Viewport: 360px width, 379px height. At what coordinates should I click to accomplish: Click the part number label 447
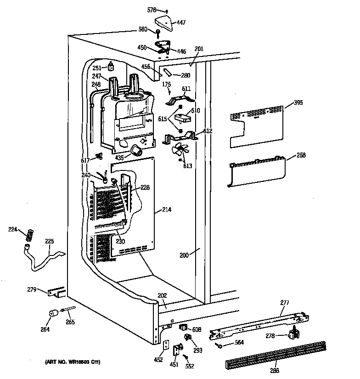coord(181,23)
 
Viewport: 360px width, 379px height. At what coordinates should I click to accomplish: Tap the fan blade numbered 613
coord(180,151)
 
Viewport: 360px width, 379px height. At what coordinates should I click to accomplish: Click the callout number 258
coord(301,155)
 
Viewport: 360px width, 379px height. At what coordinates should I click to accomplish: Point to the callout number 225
coord(49,241)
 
